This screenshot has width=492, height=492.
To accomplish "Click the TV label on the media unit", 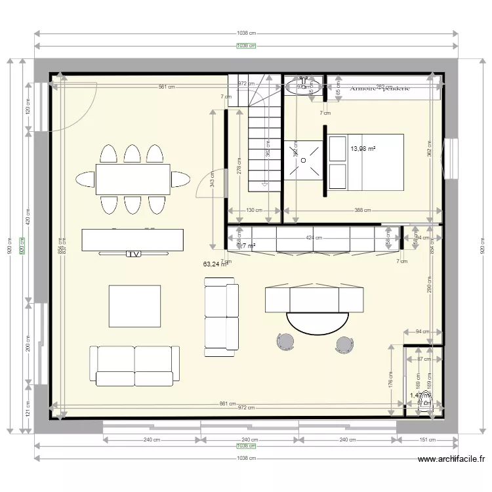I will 133,253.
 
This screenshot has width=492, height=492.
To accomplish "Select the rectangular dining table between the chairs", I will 133,179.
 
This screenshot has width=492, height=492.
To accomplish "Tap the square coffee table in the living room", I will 134,306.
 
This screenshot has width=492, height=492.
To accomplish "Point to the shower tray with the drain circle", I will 304,159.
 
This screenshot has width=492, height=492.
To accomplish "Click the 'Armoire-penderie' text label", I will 380,88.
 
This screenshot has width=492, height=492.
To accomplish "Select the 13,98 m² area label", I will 362,150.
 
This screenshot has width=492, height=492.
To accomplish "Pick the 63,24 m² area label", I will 216,264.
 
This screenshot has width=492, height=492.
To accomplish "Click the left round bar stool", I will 285,342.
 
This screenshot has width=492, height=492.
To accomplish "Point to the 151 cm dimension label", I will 427,440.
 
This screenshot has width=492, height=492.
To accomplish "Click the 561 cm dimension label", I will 166,87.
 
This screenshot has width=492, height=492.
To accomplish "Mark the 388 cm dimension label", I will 361,211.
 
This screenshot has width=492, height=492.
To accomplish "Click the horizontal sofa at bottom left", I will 134,365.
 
